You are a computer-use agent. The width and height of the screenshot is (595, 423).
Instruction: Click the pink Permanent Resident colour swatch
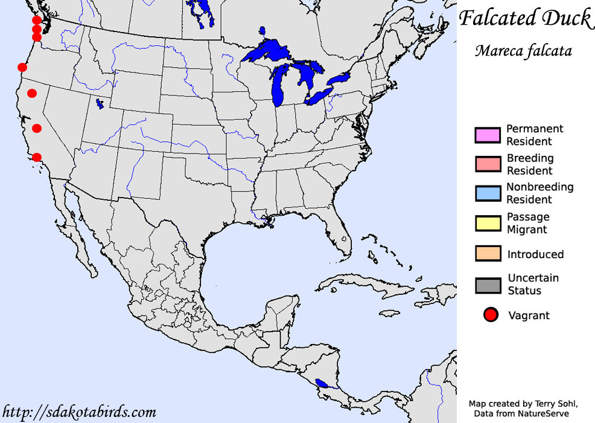tap(488, 135)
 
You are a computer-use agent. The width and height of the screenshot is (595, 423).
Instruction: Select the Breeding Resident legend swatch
tap(488, 164)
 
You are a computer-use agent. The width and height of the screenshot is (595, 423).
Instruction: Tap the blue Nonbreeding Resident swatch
tap(488, 193)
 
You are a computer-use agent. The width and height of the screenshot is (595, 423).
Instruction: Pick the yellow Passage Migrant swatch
tap(488, 223)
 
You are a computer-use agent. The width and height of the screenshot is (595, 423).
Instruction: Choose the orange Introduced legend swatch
tap(488, 254)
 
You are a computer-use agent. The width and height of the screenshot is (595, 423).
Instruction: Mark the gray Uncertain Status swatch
tap(488, 285)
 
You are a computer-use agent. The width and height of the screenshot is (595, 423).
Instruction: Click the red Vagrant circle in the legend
tap(491, 315)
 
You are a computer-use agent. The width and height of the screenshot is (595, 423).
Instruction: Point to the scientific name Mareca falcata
tap(523, 50)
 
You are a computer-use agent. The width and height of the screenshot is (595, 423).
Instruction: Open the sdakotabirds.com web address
tap(78, 412)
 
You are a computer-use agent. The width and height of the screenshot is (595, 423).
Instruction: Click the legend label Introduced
tap(535, 254)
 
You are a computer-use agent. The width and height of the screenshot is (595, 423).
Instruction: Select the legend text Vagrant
tap(529, 315)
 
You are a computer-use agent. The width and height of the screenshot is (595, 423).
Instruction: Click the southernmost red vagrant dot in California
tap(37, 157)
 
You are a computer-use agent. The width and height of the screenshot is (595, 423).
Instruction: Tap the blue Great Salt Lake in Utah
tap(99, 104)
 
